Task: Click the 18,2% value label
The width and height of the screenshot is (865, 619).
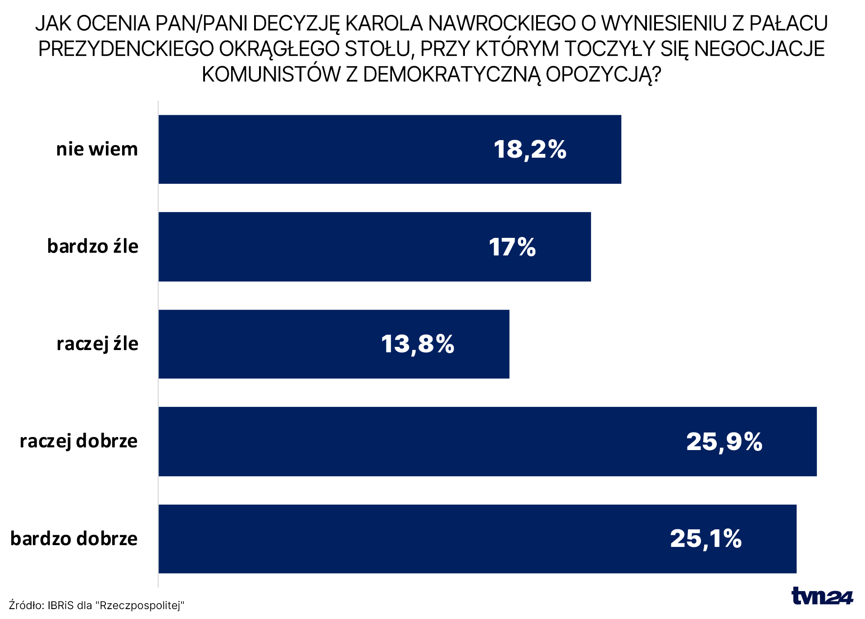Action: [530, 150]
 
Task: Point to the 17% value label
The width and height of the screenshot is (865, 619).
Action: [512, 247]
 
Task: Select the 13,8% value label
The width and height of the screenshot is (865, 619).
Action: [418, 345]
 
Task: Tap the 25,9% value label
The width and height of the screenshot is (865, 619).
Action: [724, 442]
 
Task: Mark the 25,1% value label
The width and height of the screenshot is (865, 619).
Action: [706, 539]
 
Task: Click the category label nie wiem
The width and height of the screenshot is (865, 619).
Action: [97, 149]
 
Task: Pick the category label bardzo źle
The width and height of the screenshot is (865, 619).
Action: [93, 246]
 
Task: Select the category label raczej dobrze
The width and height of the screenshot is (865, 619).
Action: [79, 441]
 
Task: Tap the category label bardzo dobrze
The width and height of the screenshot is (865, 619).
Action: [74, 539]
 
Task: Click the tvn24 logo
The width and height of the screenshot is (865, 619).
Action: [822, 596]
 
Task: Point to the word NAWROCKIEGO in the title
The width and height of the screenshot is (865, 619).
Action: [502, 23]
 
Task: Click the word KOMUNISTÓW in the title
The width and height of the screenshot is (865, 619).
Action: [271, 75]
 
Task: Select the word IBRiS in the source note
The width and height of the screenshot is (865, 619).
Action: [60, 605]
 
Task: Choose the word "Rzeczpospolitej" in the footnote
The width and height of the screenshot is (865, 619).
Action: [140, 605]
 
